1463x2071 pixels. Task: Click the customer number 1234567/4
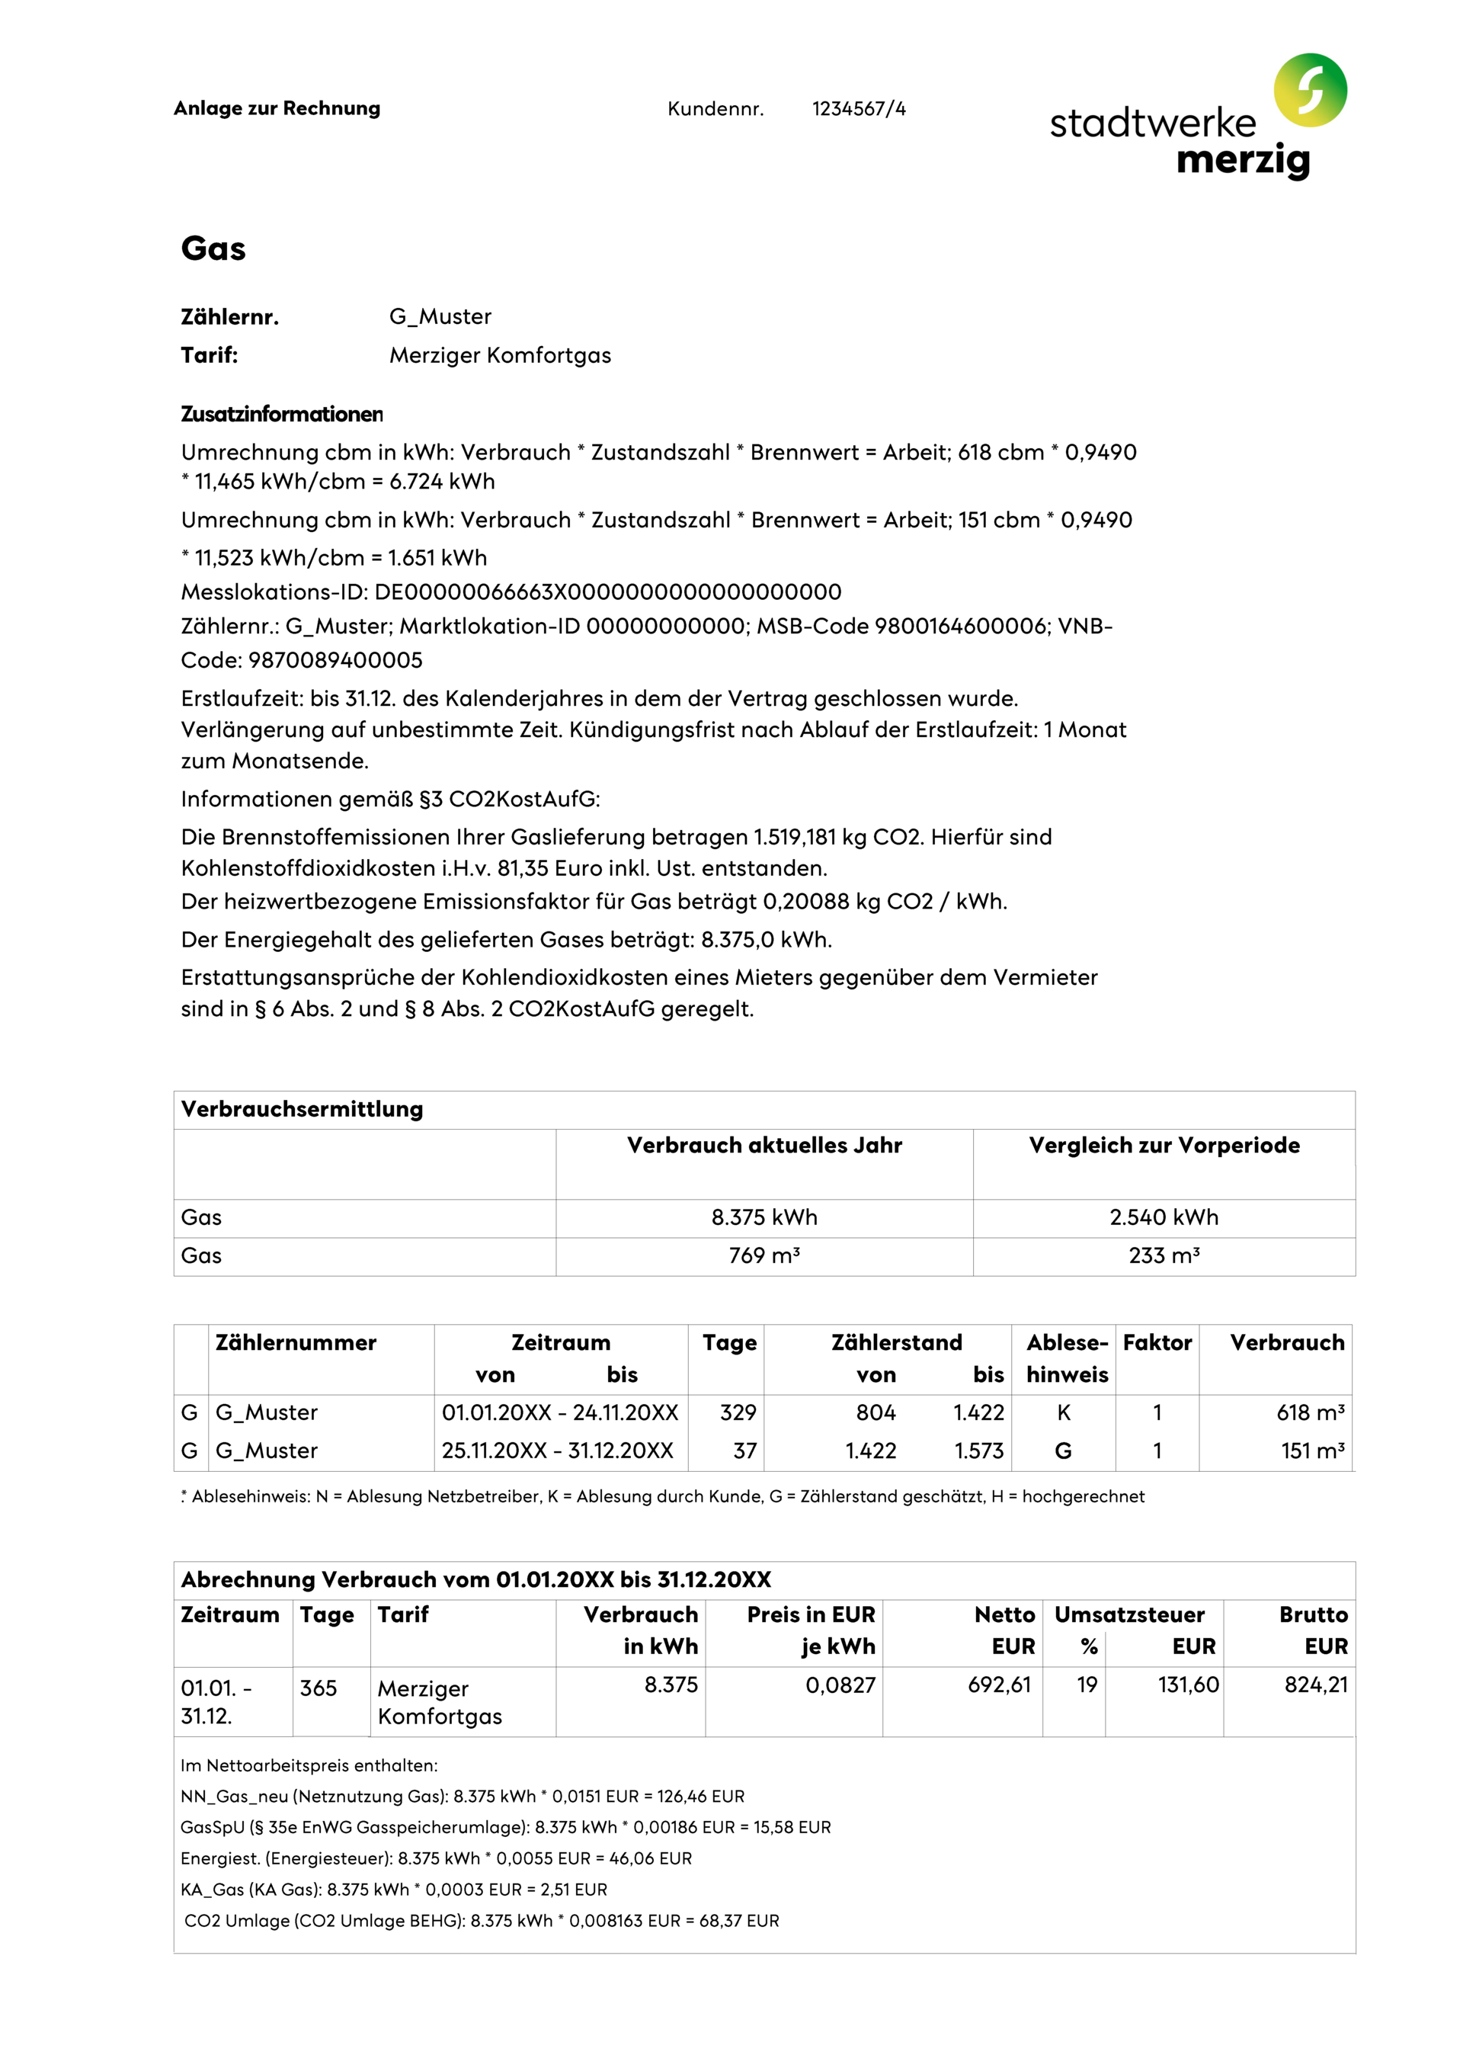pos(858,109)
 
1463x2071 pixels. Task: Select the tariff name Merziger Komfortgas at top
pos(500,355)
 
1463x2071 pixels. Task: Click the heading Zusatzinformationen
pos(281,414)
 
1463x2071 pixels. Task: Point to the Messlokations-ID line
pos(511,591)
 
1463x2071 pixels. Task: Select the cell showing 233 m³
pos(1164,1255)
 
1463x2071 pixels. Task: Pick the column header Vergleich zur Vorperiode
pos(1164,1146)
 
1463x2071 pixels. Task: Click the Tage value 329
pos(737,1412)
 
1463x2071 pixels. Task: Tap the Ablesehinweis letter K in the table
pos(1064,1412)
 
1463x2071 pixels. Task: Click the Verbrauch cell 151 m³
pos(1311,1451)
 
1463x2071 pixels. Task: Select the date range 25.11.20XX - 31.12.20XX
pos(558,1451)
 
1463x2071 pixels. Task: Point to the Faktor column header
pos(1157,1342)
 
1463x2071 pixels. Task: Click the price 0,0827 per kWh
pos(840,1685)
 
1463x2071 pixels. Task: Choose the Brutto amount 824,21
pos(1315,1685)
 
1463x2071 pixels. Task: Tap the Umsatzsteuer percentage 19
pos(1086,1685)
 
